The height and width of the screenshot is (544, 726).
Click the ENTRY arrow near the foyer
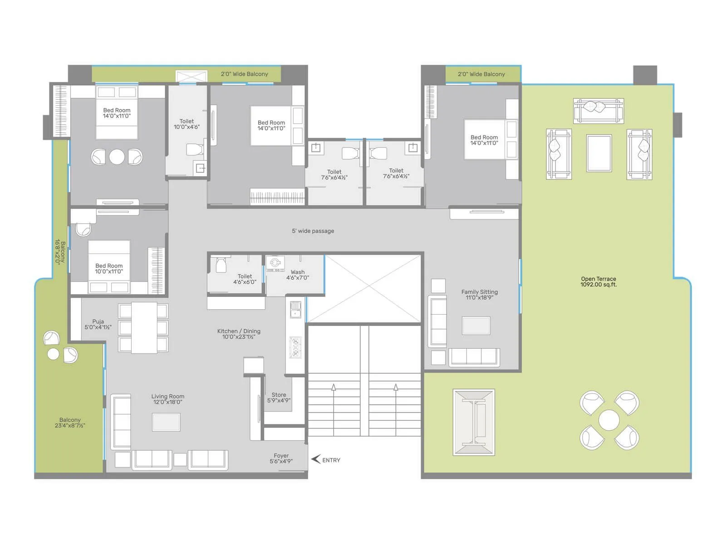[316, 459]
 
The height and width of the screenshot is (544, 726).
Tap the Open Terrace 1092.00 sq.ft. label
[598, 282]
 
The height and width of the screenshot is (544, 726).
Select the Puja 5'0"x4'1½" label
[98, 324]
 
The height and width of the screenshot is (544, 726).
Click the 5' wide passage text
[313, 231]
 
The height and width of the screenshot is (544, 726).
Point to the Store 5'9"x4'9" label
[279, 398]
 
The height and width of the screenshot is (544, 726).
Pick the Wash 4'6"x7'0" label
[298, 275]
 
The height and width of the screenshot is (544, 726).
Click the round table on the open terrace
[609, 420]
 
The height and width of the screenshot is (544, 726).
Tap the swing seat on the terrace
[474, 422]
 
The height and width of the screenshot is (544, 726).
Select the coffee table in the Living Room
[166, 422]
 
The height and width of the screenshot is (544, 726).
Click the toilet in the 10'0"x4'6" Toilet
[195, 149]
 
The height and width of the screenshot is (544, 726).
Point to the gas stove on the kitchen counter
[295, 348]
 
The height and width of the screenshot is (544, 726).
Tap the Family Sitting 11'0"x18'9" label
[479, 295]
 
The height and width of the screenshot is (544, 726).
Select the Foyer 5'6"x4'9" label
[281, 458]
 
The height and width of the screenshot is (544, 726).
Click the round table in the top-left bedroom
[117, 157]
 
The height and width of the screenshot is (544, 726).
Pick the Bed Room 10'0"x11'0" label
[108, 268]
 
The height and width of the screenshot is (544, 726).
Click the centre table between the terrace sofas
[598, 153]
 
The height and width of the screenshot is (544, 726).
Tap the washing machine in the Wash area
[275, 263]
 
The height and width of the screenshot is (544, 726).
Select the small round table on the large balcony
[54, 354]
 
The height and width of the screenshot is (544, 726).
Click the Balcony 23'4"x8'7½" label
[70, 423]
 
